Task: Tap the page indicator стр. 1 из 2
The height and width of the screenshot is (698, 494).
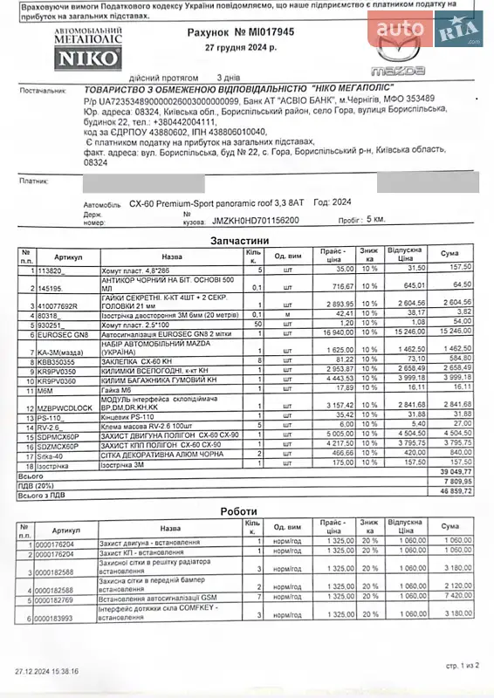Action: [x=462, y=665]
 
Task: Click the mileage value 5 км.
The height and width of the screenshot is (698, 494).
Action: [x=376, y=221]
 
